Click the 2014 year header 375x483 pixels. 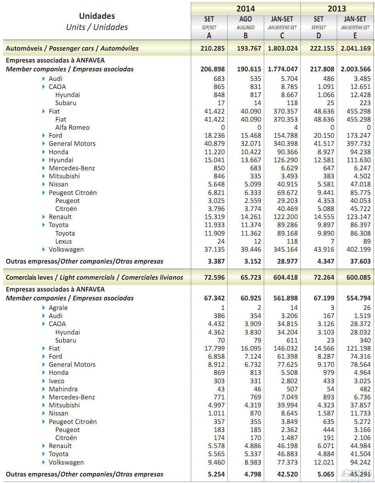click(x=245, y=8)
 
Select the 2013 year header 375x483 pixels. click(x=337, y=8)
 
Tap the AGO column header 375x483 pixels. click(x=245, y=19)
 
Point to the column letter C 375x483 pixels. click(x=282, y=36)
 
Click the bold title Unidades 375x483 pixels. click(x=97, y=16)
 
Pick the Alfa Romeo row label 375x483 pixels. click(x=72, y=127)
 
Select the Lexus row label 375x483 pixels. click(x=63, y=241)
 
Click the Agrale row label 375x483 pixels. click(x=58, y=308)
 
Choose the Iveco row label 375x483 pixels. click(x=56, y=381)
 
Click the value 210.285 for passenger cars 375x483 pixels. click(x=213, y=48)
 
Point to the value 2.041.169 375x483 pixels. click(x=355, y=48)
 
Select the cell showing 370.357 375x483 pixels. click(x=283, y=111)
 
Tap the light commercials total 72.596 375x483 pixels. click(x=213, y=277)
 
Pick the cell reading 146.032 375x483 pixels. click(x=283, y=348)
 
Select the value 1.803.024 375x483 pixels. click(x=282, y=48)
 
